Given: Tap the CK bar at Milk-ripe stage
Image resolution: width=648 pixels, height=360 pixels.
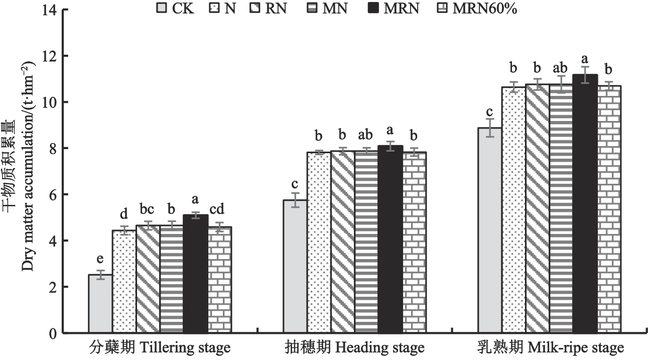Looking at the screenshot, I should click(490, 230).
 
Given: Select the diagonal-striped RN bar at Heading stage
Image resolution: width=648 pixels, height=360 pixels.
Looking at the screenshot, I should click(342, 242).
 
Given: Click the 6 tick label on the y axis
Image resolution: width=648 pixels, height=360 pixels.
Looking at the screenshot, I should click(52, 195).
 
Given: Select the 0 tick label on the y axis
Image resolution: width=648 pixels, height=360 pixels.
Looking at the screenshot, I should click(52, 333).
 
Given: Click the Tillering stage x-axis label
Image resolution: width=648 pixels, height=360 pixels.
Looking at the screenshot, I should click(160, 347).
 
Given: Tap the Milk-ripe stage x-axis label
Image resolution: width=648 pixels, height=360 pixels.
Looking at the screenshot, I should click(551, 347).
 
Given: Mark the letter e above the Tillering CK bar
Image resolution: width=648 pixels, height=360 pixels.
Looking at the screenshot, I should click(100, 259).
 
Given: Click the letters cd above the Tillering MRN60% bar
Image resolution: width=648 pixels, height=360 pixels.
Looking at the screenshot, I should click(220, 209).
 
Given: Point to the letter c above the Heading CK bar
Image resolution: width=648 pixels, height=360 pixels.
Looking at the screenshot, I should click(296, 182).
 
